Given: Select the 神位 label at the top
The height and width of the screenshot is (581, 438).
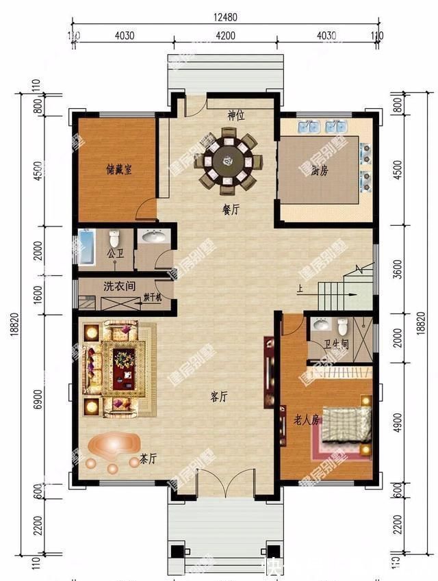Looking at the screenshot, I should (236, 116).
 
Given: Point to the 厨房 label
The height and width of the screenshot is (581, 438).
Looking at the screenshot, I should (318, 171).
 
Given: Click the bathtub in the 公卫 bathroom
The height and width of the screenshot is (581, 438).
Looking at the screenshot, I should (87, 247).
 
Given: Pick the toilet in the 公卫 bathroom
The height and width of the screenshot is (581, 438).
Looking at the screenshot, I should (115, 240).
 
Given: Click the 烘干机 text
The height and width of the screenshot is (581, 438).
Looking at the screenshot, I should (153, 299).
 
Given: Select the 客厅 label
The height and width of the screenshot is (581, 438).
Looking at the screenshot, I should (219, 396).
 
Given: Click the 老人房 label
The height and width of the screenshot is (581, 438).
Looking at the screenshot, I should (307, 419).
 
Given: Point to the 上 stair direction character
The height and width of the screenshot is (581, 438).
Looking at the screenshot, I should (300, 288).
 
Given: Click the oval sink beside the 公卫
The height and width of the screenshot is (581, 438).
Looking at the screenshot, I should (153, 237).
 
